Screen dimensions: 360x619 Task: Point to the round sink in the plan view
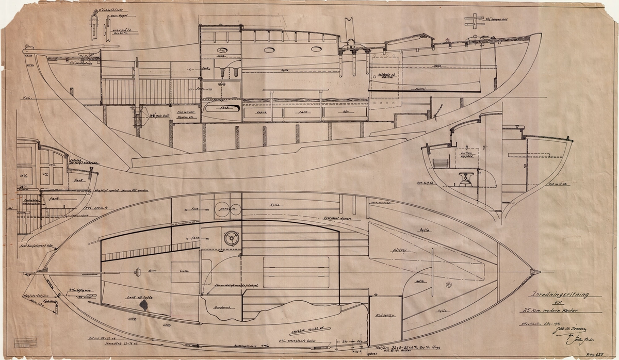click(230, 237)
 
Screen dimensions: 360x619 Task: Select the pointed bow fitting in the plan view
click(535, 271)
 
